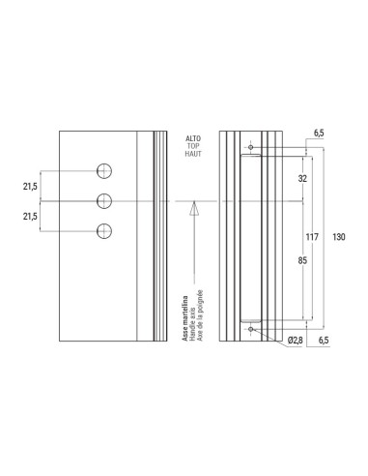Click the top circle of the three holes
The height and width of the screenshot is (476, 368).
click(x=105, y=171)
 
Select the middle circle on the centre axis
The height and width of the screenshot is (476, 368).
click(x=105, y=200)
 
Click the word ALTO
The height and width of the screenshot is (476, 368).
click(x=192, y=139)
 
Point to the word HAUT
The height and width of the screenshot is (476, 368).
click(x=192, y=157)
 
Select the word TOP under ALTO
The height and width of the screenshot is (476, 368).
click(x=192, y=148)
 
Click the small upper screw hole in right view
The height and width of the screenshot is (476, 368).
click(x=251, y=148)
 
